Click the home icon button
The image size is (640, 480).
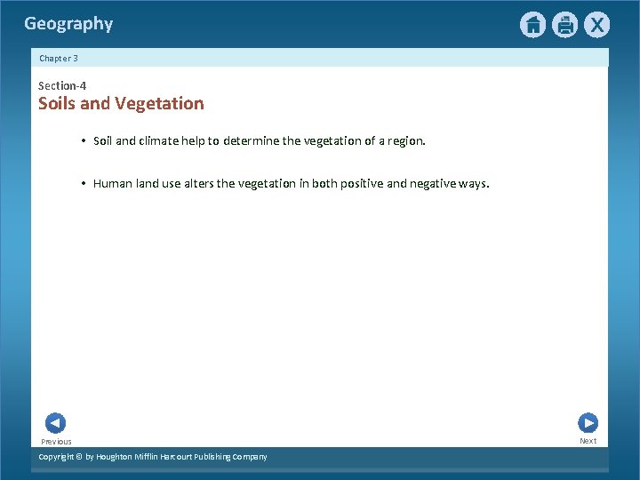tap(532, 25)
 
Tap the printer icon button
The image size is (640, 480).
tap(564, 25)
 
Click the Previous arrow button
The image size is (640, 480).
tap(55, 423)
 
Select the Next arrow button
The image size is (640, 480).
tap(588, 423)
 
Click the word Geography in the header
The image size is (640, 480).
tap(68, 24)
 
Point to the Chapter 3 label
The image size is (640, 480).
tap(59, 58)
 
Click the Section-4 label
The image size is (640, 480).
tap(62, 85)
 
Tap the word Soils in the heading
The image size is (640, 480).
tap(57, 103)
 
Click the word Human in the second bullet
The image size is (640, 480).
tap(113, 184)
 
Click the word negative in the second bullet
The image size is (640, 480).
tap(436, 184)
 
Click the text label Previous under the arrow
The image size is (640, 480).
tap(56, 442)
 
